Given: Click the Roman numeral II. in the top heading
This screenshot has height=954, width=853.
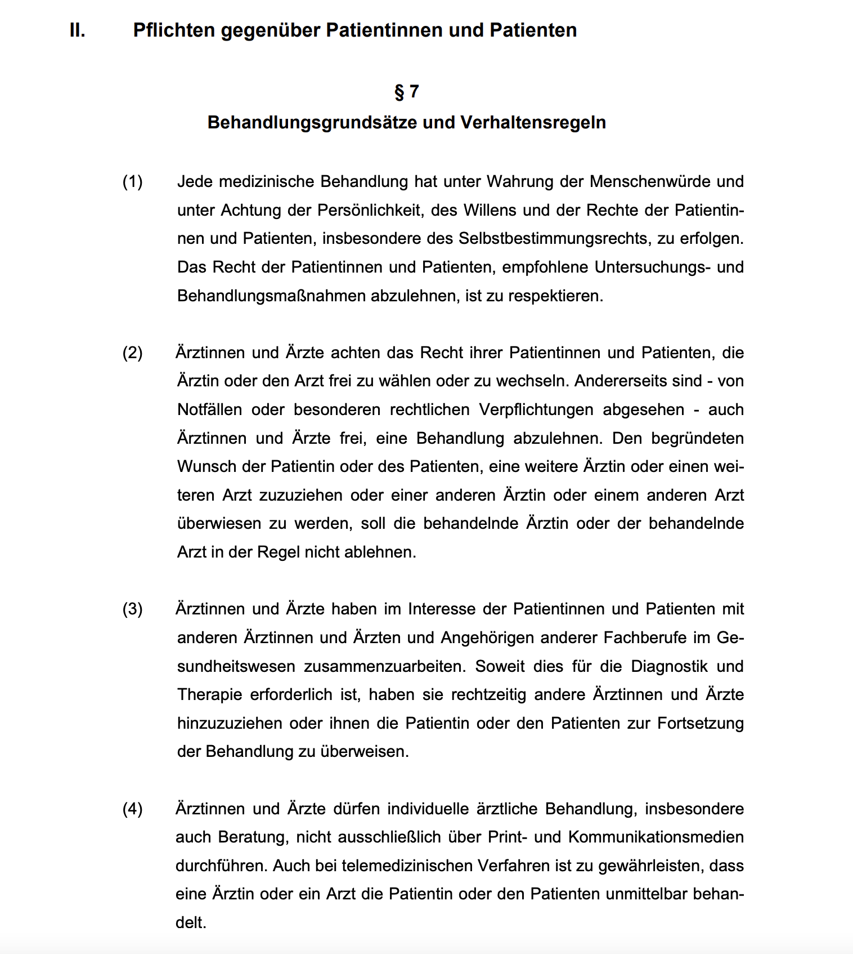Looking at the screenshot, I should [x=78, y=30].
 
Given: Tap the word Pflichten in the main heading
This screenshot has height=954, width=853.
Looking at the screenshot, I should [x=174, y=30].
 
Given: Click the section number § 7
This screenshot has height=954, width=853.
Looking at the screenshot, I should [x=406, y=91].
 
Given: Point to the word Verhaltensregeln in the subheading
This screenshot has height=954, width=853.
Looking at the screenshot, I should [x=533, y=123].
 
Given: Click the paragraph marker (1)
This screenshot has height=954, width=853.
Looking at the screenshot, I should [x=133, y=182].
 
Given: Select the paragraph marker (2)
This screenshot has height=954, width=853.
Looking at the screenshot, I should [x=133, y=353].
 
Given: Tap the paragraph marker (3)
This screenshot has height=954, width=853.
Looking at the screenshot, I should [x=133, y=609].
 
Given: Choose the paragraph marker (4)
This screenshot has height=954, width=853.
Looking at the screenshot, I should [x=133, y=809].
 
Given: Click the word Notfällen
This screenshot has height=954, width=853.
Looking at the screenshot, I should [x=209, y=410].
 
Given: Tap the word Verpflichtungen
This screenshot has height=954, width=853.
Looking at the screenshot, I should [x=536, y=410].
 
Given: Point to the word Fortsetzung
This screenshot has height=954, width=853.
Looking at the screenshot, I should [x=701, y=724].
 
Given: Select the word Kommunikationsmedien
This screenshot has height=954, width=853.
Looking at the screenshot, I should [x=656, y=837].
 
